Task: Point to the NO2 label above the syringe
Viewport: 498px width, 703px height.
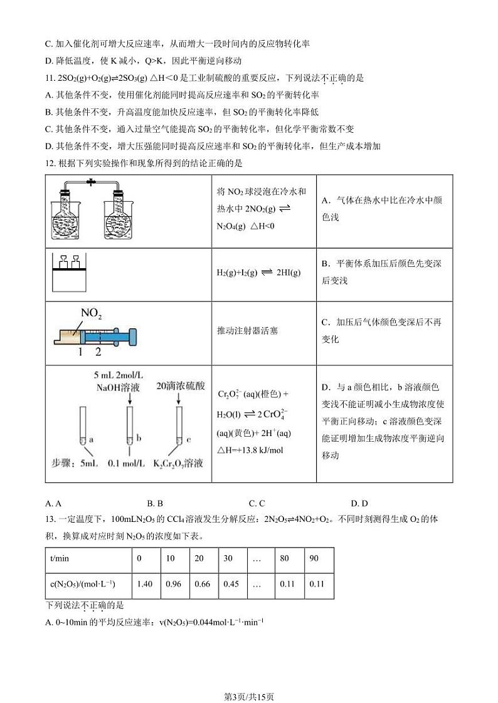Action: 91,313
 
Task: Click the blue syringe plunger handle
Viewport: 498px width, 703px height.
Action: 132,336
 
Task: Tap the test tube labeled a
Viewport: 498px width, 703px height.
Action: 82,426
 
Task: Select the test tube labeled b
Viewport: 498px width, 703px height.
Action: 130,426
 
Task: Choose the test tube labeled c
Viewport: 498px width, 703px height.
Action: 177,426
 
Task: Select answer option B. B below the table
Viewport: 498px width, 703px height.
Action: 155,503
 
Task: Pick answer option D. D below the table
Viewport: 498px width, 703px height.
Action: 359,503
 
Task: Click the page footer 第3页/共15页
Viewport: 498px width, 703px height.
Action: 249,679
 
